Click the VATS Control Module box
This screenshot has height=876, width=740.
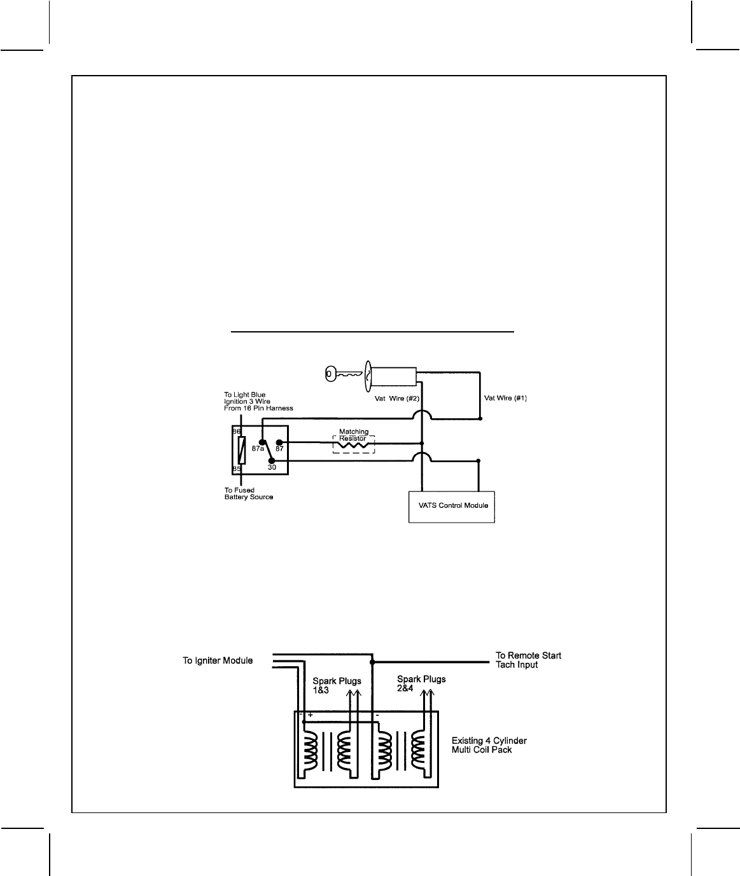[x=452, y=507]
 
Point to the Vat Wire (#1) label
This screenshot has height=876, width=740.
[x=505, y=398]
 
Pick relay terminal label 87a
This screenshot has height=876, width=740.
[x=258, y=448]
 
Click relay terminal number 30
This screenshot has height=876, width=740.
[x=272, y=467]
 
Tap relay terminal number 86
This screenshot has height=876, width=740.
[x=236, y=432]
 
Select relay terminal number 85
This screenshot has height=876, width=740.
[x=236, y=469]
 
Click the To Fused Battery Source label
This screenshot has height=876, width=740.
[x=248, y=493]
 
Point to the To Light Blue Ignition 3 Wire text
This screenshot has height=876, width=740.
[x=254, y=402]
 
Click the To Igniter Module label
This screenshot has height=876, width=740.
[x=218, y=661]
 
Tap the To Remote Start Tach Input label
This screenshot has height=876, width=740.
[x=528, y=660]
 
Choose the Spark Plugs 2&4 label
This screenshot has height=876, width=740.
[x=421, y=683]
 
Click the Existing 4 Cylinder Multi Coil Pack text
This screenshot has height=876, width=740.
[x=489, y=745]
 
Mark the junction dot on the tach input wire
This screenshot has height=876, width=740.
[x=372, y=662]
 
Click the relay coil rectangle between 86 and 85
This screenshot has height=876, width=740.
[x=241, y=450]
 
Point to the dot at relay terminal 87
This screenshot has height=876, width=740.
[x=279, y=442]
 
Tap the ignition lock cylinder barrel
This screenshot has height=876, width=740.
[x=393, y=376]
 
